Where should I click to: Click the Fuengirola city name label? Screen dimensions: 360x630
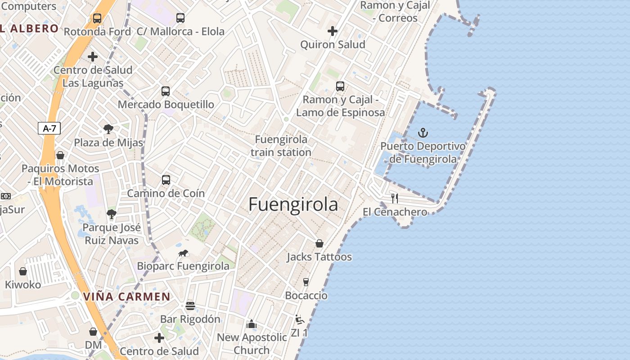293,205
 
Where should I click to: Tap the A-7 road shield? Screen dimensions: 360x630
49,128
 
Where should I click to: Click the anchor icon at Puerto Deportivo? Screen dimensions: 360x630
423,133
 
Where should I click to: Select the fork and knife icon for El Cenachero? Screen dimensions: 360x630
395,198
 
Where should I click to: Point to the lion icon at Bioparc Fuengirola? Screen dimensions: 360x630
183,253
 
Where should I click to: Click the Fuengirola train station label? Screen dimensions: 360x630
281,146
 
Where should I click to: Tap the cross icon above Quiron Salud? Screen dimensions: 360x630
333,31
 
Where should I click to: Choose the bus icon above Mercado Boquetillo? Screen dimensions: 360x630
166,91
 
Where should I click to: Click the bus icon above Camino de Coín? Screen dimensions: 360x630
166,180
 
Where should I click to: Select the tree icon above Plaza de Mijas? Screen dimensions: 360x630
108,130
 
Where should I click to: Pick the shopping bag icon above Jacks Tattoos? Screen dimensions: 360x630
319,243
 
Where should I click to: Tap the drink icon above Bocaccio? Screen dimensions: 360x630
306,282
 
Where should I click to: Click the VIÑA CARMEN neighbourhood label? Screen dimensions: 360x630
127,297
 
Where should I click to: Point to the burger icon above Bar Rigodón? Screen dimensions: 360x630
190,306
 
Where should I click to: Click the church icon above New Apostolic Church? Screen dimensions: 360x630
252,324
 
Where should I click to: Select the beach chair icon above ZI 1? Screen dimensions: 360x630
299,320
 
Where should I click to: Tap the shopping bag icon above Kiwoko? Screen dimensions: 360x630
23,271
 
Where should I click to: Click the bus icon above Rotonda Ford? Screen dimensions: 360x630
97,18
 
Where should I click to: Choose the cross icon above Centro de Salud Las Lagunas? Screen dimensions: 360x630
93,57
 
